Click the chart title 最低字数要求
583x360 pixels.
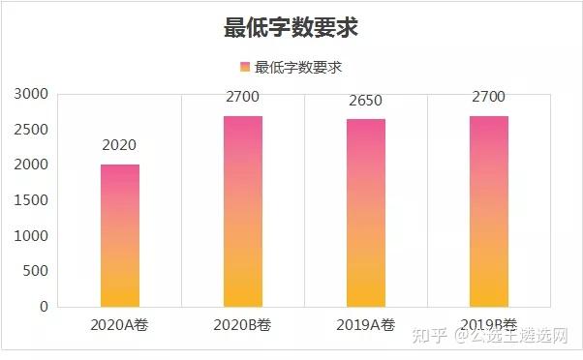tap(291, 27)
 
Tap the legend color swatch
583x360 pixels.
tap(245, 67)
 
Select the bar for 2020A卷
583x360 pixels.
tap(120, 235)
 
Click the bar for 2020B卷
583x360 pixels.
tap(243, 211)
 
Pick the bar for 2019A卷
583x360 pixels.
tap(366, 213)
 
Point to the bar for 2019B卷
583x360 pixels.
tap(489, 211)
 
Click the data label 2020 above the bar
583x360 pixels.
tap(119, 145)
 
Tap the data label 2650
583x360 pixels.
tap(365, 101)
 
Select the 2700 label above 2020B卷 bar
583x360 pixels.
tap(242, 97)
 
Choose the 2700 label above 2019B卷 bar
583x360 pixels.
tap(488, 97)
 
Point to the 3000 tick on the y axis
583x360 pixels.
tap(31, 94)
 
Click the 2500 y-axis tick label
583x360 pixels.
tap(31, 130)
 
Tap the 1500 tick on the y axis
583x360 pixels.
tap(31, 200)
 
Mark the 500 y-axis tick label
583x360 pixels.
tap(35, 271)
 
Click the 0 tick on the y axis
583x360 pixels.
tap(45, 307)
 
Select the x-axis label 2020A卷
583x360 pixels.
tap(119, 325)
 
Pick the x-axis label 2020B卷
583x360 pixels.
tap(242, 325)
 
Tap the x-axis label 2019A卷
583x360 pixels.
tap(365, 325)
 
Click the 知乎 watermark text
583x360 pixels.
tap(429, 335)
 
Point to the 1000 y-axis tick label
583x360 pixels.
tap(31, 236)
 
